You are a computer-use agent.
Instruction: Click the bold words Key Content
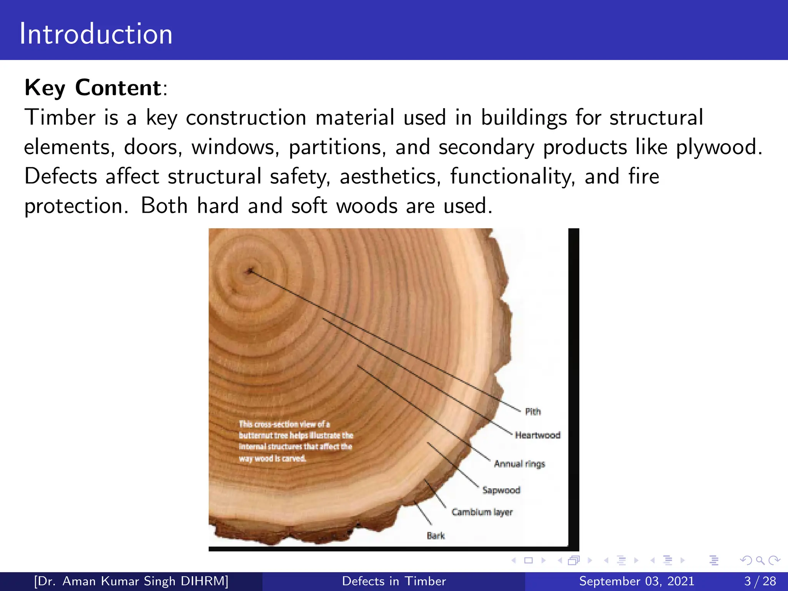coord(93,88)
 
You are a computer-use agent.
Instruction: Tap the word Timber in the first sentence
coord(60,117)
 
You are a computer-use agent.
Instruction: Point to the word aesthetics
coord(390,177)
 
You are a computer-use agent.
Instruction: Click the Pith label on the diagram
coord(533,412)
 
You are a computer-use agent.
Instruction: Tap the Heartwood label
coord(538,435)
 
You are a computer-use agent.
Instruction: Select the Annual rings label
coord(519,464)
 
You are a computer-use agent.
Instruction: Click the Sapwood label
coord(501,490)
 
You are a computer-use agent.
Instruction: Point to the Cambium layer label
coord(482,512)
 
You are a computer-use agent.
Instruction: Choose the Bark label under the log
coord(436,536)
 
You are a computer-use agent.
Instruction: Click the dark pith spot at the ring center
coord(250,271)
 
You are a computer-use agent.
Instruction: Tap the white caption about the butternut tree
coord(295,441)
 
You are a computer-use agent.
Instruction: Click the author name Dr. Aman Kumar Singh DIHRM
coord(131,581)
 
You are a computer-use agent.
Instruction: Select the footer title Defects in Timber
coord(394,581)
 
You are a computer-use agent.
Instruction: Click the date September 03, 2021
coord(636,581)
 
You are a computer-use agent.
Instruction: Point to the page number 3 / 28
coord(760,581)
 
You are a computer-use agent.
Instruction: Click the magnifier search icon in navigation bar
coord(760,560)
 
